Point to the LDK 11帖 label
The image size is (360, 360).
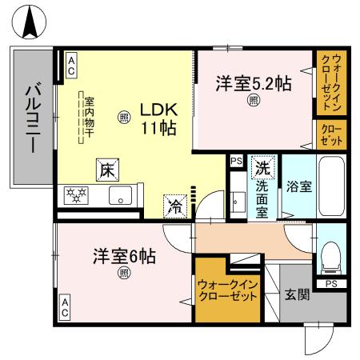click(x=159, y=118)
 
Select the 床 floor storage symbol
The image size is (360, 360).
click(x=106, y=169)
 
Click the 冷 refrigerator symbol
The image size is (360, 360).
click(x=174, y=205)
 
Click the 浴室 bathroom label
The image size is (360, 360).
click(x=299, y=186)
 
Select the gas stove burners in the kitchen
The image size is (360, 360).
click(x=78, y=194)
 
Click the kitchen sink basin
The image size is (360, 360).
click(x=121, y=195)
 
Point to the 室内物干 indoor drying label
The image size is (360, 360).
click(x=90, y=114)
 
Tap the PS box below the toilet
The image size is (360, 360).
click(x=330, y=283)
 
